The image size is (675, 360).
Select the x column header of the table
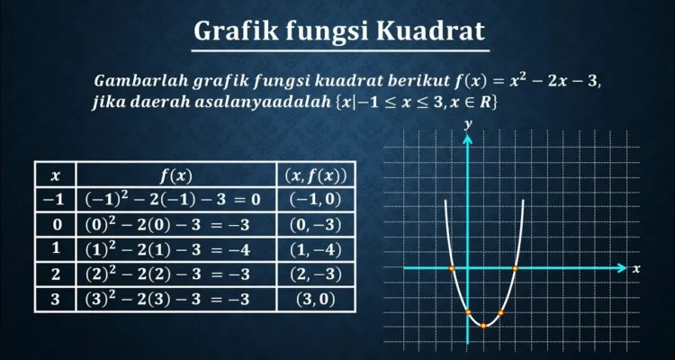tap(55, 175)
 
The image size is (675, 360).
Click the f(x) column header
tap(176, 175)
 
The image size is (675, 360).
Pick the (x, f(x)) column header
tap(316, 175)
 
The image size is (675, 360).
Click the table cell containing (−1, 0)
tap(316, 200)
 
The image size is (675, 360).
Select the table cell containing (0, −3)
tap(316, 224)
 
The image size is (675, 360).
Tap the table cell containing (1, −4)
tap(316, 249)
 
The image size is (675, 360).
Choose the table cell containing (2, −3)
tap(316, 274)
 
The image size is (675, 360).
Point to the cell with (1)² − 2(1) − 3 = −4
tap(176, 249)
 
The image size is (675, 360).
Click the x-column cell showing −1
tap(55, 200)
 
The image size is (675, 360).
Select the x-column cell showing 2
tap(55, 274)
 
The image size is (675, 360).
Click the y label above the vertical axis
tap(468, 125)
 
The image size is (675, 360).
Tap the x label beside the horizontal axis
tap(636, 269)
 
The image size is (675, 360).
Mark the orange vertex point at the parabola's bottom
tap(483, 326)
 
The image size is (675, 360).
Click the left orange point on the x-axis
tap(452, 268)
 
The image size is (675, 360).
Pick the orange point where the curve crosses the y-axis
tap(468, 312)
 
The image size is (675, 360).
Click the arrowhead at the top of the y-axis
tap(467, 139)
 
